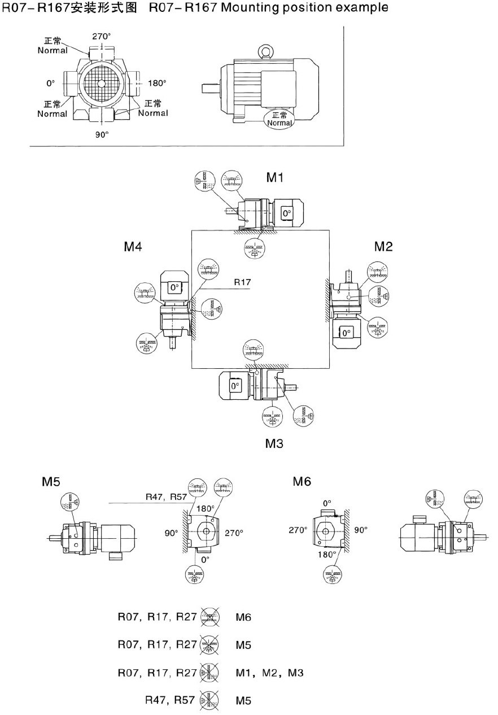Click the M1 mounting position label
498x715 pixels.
tap(275, 178)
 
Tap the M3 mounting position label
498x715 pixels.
tap(274, 444)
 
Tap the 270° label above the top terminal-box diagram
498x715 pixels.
tap(102, 36)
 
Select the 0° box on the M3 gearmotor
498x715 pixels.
tap(234, 386)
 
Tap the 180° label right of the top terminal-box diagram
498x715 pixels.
tap(157, 83)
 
